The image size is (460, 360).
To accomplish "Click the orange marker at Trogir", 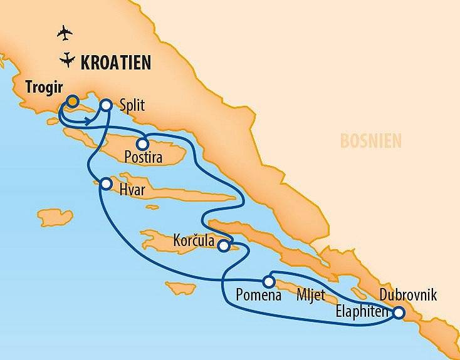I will click(73, 101).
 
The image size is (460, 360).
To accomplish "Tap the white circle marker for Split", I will click(106, 105).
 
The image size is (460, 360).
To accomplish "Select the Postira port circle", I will click(143, 144).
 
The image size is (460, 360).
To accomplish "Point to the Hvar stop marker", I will click(105, 184).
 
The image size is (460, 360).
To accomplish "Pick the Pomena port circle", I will click(268, 281).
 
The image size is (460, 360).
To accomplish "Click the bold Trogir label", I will click(44, 87).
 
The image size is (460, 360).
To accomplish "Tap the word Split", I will click(131, 105).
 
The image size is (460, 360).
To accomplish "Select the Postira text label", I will click(144, 158).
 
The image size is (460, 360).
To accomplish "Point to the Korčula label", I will click(195, 241).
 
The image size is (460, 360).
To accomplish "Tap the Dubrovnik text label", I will click(408, 296).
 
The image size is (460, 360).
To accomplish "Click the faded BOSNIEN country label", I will click(370, 141).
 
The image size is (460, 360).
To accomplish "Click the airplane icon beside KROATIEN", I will click(65, 60).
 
